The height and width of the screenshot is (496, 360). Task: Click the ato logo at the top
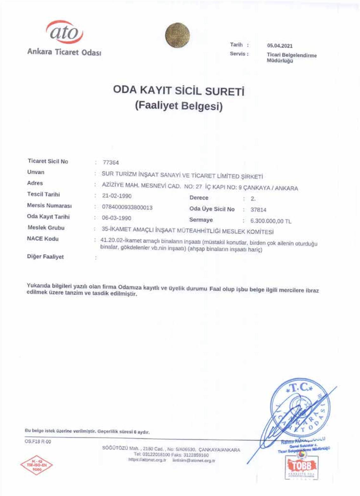(65, 32)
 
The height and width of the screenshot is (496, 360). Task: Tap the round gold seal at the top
(177, 35)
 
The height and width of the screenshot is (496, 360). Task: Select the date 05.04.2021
(280, 46)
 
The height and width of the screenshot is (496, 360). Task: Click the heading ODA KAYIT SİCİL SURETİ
(179, 91)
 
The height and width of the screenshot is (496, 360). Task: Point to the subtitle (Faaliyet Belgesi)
(179, 106)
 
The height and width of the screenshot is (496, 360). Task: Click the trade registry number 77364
(111, 163)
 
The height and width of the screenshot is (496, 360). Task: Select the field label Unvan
(36, 172)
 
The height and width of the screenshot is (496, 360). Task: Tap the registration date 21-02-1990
(117, 196)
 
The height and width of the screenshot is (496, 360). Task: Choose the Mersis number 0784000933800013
(127, 207)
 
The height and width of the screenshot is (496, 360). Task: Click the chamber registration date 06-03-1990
(117, 218)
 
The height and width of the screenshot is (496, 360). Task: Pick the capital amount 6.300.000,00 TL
(270, 221)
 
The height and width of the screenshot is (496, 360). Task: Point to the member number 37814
(258, 210)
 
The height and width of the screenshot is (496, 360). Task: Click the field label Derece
(199, 198)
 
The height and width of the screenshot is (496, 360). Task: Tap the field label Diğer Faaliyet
(45, 257)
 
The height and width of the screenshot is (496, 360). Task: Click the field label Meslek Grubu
(46, 228)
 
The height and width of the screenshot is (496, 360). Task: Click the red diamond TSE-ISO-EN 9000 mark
(37, 466)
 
